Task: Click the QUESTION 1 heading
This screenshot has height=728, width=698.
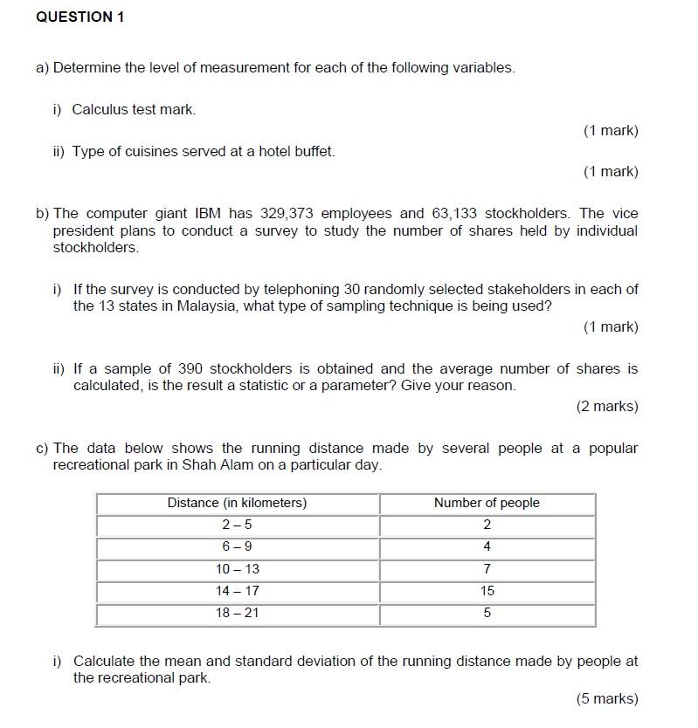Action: click(80, 17)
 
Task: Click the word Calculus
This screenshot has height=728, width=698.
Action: click(100, 110)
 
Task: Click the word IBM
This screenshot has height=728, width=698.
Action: click(209, 214)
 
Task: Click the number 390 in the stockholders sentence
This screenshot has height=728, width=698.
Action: click(190, 369)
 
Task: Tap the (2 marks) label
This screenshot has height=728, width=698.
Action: click(607, 407)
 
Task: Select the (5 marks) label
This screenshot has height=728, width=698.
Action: click(607, 699)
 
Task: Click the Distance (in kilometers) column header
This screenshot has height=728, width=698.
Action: click(237, 504)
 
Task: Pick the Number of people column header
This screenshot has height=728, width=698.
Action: click(487, 504)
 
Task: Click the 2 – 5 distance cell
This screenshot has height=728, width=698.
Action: click(237, 525)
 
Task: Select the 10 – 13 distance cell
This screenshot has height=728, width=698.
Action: click(237, 569)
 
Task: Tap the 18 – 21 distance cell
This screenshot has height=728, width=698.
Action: click(237, 614)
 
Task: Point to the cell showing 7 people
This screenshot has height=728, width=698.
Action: click(487, 569)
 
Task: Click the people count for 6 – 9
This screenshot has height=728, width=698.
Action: click(487, 547)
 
